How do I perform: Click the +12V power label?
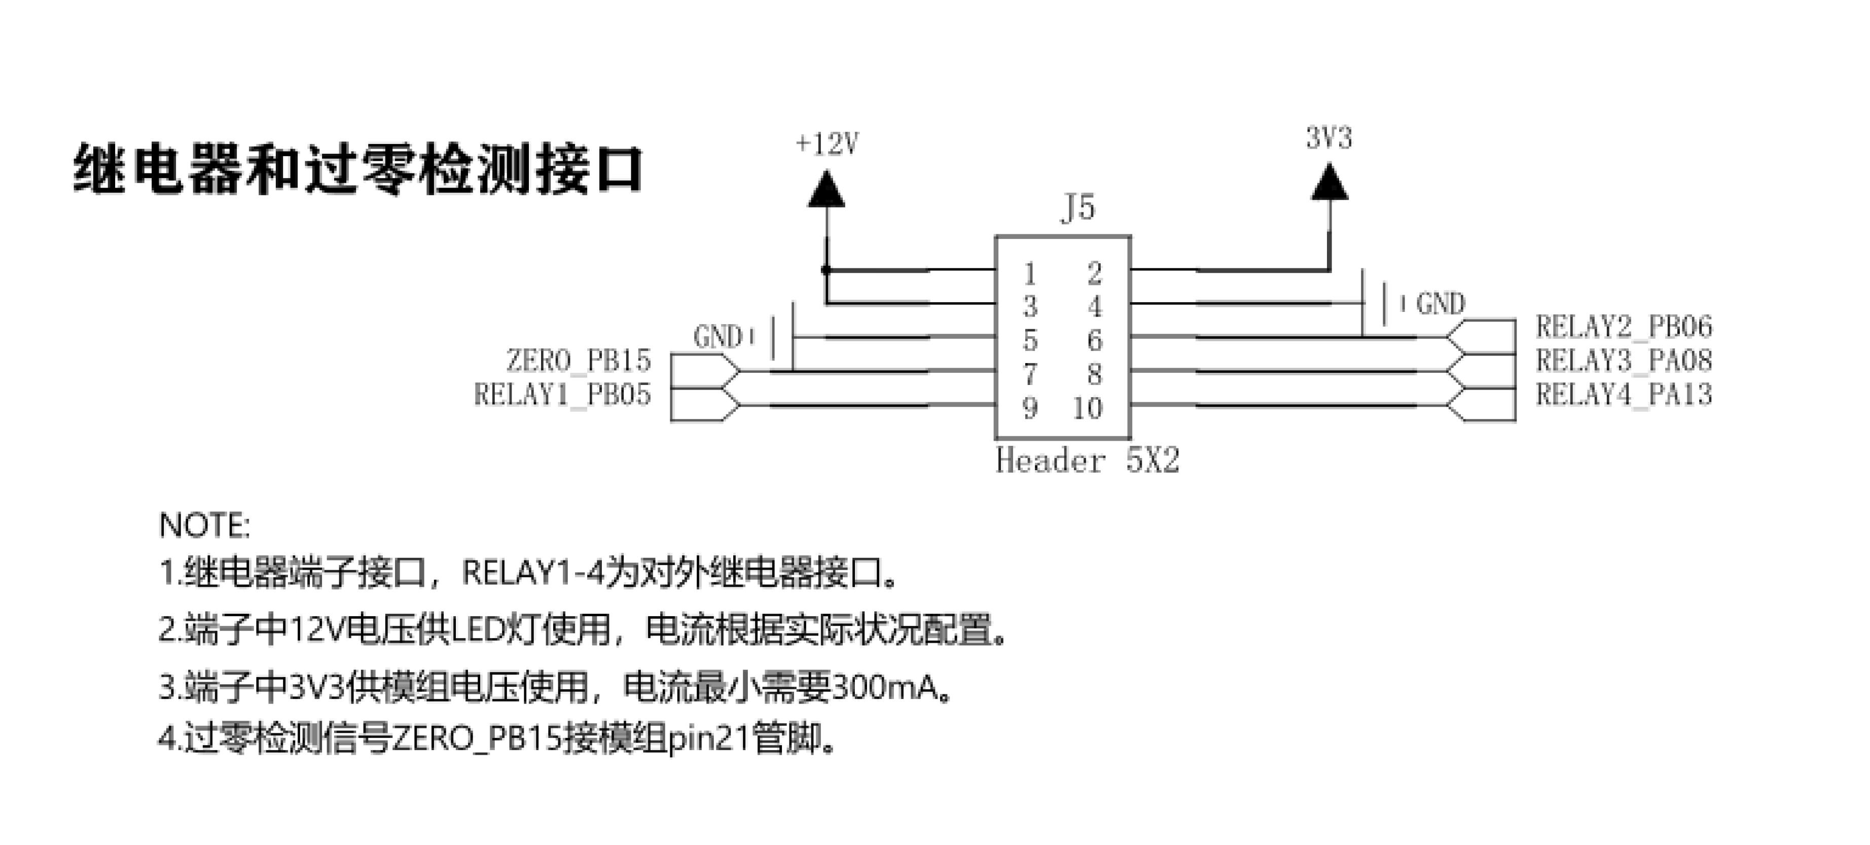827,144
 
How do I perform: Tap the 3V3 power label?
1328,137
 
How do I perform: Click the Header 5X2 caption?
1087,460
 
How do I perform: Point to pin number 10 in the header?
1088,408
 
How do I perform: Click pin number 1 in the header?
1029,274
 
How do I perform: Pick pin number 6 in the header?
1095,340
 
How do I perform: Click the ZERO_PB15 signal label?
578,361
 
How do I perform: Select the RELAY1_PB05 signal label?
563,394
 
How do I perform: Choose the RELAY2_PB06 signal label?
1623,327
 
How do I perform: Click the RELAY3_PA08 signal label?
1623,360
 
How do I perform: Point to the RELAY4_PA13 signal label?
1623,394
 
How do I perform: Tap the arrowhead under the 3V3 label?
1329,182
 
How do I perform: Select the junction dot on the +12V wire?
826,270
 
